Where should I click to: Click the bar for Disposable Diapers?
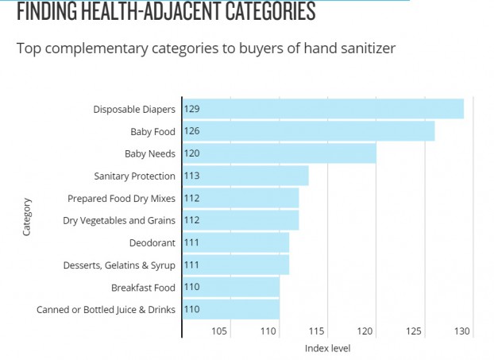tap(322, 108)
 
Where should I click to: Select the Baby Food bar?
tap(308, 130)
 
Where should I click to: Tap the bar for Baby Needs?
tap(279, 153)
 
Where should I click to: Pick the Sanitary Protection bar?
tap(245, 176)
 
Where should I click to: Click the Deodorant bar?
tap(235, 242)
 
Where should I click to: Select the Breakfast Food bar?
tap(230, 287)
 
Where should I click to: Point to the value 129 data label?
tap(191, 108)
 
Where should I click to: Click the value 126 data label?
tap(191, 130)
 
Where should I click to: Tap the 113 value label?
tap(191, 176)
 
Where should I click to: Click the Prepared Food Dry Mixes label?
tap(121, 198)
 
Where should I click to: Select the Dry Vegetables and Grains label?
tap(119, 220)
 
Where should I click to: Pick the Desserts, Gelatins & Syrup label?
tap(119, 265)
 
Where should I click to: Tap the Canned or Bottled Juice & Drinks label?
tap(106, 309)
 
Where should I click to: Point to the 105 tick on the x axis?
tap(220, 331)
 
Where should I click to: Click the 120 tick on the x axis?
tap(365, 331)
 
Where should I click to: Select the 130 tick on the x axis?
tap(462, 331)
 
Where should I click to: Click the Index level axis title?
tap(327, 348)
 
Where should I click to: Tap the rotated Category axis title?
tap(27, 215)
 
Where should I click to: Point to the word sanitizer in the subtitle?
tap(368, 48)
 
